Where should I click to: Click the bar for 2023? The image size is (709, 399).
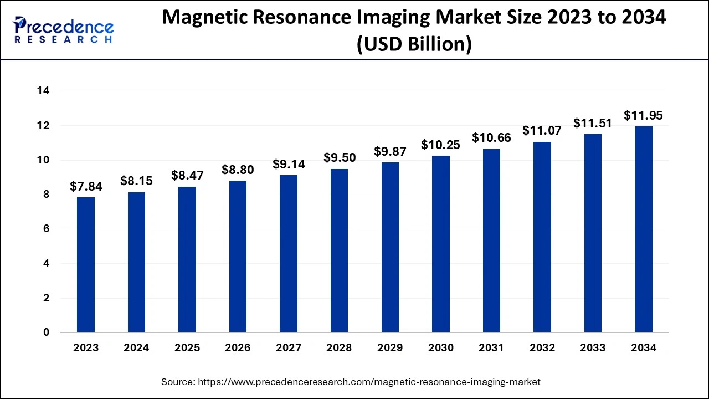(86, 265)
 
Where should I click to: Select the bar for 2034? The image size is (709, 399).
(643, 229)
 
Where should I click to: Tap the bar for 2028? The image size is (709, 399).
(339, 250)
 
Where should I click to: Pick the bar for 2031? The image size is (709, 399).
(491, 241)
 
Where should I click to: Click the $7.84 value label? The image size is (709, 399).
(86, 187)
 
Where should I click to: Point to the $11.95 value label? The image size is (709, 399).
(643, 116)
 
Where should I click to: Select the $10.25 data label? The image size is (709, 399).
(440, 145)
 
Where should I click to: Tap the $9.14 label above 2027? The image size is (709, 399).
(289, 164)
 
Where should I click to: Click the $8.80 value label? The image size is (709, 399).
(238, 170)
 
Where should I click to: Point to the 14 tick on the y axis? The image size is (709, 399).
(44, 91)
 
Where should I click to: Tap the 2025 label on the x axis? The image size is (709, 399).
(187, 348)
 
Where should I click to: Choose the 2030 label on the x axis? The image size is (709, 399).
(440, 348)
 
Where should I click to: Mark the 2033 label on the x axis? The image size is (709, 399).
(593, 348)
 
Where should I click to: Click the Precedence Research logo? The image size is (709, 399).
(64, 30)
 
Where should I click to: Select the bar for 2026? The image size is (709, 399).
(238, 257)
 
